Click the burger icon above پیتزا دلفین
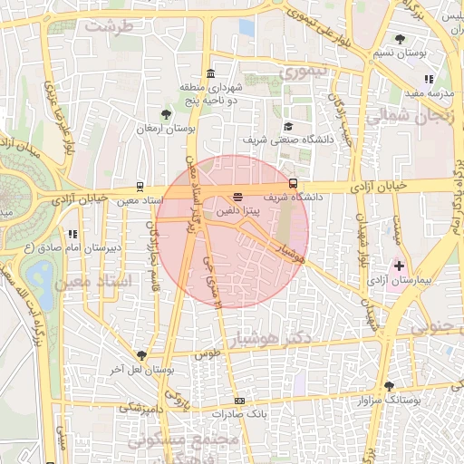(x=237, y=195)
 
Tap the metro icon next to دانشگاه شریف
(x=291, y=182)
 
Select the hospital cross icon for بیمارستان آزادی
(x=399, y=266)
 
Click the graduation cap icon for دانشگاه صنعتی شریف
(x=288, y=127)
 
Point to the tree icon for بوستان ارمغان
(x=165, y=114)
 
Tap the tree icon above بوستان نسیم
(x=401, y=39)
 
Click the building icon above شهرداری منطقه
(x=210, y=73)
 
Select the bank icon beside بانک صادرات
(x=239, y=401)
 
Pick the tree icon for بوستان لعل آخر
(x=141, y=355)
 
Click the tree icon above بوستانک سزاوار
(x=389, y=385)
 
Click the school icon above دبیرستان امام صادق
(x=72, y=234)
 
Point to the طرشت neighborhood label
(x=110, y=26)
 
